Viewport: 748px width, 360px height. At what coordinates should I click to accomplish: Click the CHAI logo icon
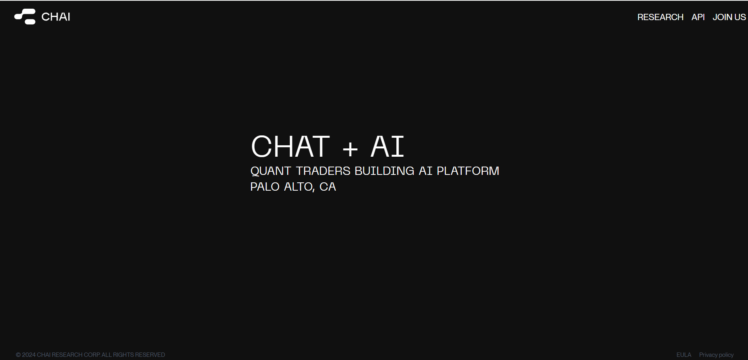pos(25,17)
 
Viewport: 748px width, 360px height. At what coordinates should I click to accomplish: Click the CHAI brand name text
pos(56,17)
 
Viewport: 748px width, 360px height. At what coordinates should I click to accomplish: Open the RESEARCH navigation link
pos(660,17)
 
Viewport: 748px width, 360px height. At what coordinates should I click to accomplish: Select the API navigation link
pos(698,17)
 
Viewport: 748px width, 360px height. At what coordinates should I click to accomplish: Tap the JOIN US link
pos(729,17)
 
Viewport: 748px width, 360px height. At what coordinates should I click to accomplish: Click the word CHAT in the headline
pos(290,146)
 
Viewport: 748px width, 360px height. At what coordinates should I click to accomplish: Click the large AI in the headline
pos(387,146)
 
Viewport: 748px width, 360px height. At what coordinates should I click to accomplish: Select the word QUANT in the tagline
pos(270,171)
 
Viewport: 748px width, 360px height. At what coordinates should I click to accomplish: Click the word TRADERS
pos(323,171)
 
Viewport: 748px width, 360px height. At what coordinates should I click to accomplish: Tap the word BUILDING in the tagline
pos(384,171)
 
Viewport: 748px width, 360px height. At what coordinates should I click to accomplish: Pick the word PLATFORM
pos(468,171)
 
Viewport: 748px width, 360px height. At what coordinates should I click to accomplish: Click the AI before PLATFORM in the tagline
pos(426,171)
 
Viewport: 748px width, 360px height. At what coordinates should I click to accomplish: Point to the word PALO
pos(265,187)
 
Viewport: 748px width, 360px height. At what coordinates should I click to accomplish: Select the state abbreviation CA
pos(328,187)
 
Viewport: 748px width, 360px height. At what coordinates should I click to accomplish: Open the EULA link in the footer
pos(684,355)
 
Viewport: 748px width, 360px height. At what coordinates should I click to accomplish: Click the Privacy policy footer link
pos(716,355)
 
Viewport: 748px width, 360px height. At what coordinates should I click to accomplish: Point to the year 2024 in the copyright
pos(29,355)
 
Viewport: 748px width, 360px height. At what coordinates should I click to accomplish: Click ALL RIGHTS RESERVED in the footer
pos(133,355)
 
